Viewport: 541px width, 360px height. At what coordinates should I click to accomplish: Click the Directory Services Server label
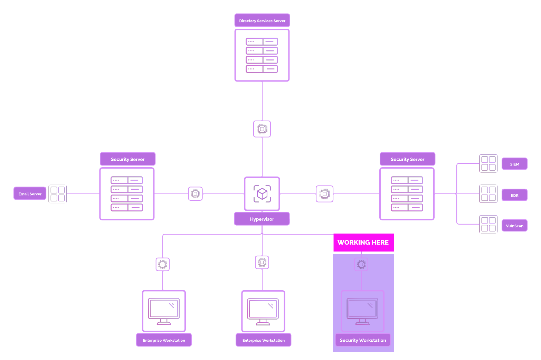pyautogui.click(x=262, y=21)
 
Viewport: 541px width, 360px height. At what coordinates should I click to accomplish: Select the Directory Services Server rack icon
pyautogui.click(x=262, y=55)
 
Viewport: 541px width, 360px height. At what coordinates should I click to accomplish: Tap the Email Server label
pyautogui.click(x=30, y=194)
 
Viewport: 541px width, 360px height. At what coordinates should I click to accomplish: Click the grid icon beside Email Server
pyautogui.click(x=58, y=194)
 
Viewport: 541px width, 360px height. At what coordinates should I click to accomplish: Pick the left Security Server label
pyautogui.click(x=128, y=159)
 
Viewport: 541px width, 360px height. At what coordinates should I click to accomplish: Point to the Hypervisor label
pyautogui.click(x=262, y=219)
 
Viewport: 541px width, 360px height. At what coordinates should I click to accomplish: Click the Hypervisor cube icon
pyautogui.click(x=262, y=193)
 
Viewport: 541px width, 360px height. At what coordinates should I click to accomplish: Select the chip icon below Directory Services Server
pyautogui.click(x=262, y=129)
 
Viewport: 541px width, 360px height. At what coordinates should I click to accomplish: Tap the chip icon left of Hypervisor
pyautogui.click(x=196, y=194)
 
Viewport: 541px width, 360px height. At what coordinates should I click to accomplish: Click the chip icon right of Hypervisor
pyautogui.click(x=325, y=194)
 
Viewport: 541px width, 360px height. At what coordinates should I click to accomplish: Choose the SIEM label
pyautogui.click(x=514, y=164)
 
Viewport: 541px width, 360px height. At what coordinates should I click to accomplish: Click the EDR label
pyautogui.click(x=514, y=195)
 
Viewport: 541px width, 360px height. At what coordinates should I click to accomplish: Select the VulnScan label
pyautogui.click(x=514, y=226)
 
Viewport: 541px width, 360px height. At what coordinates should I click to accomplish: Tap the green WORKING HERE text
pyautogui.click(x=263, y=243)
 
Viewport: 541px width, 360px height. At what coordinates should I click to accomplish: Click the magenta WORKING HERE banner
pyautogui.click(x=363, y=243)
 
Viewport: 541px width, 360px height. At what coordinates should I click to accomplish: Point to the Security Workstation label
pyautogui.click(x=363, y=340)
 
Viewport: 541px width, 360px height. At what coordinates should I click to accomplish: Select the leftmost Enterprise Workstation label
pyautogui.click(x=164, y=340)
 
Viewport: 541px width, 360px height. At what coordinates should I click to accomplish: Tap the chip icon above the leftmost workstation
pyautogui.click(x=163, y=264)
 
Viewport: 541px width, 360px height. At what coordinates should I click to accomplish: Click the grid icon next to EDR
pyautogui.click(x=488, y=194)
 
